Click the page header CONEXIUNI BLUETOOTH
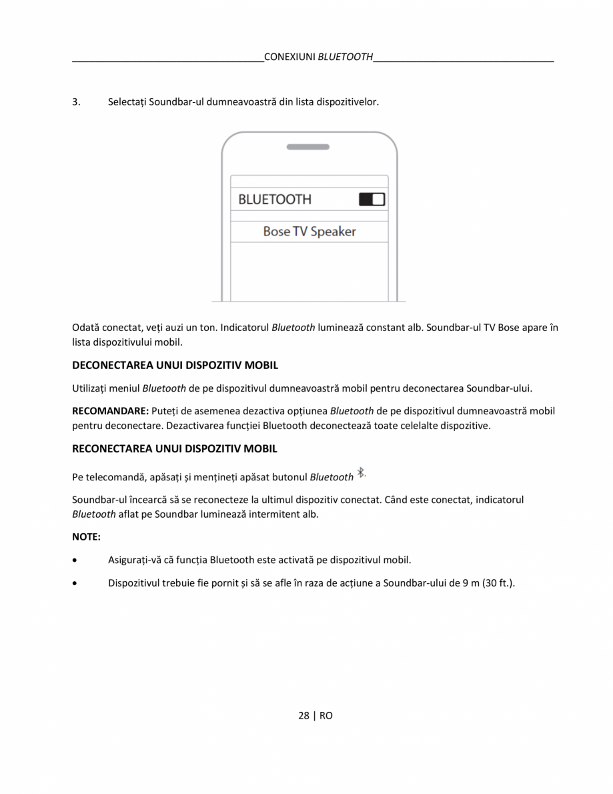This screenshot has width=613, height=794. (318, 57)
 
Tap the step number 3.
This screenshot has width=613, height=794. (76, 103)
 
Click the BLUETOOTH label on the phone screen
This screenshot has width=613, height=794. (274, 200)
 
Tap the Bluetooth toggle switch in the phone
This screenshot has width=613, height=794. (372, 199)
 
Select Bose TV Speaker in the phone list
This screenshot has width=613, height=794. (309, 232)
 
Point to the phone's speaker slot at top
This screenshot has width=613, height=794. (308, 147)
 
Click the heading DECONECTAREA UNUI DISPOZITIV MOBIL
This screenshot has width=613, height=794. (175, 365)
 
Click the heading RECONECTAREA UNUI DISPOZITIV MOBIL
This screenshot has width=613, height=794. (174, 448)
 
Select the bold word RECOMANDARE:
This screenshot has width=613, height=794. (110, 411)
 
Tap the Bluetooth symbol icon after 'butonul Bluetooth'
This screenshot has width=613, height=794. (361, 473)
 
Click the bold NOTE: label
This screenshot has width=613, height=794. (86, 536)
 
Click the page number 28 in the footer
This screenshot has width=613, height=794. (303, 715)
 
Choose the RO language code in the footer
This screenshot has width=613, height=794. (326, 715)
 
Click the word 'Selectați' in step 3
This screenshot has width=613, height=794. (127, 103)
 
